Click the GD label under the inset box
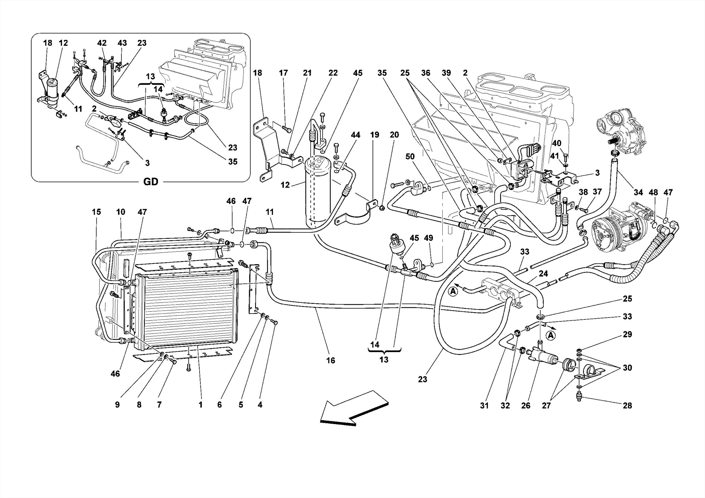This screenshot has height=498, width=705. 150,182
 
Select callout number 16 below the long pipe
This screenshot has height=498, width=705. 330,360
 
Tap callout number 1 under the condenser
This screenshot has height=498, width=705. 200,405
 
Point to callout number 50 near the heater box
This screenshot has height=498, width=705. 410,157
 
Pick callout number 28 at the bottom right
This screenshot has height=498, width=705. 627,405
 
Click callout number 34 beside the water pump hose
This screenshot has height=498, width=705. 638,192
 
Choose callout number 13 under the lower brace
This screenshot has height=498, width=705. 384,360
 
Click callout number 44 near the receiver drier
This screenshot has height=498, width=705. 356,135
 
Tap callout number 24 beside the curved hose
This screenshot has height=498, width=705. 543,274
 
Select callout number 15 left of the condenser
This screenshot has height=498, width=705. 96,212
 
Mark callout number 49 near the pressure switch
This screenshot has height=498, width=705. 429,238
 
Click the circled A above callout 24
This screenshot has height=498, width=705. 453,292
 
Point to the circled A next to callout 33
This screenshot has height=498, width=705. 551,335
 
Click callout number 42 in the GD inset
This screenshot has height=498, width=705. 102,43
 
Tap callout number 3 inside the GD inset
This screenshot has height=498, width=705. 147,163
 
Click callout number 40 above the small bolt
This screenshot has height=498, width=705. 557,143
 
